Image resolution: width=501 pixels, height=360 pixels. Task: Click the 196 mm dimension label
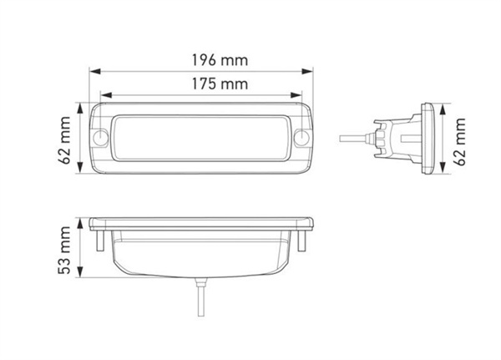click(200, 60)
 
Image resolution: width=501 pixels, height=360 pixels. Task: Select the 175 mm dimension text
click(200, 84)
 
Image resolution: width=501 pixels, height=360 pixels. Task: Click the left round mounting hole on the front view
click(101, 138)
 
